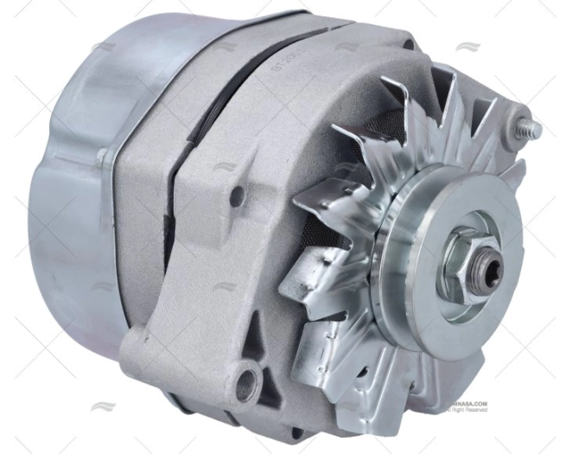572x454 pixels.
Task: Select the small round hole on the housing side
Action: coord(236,195)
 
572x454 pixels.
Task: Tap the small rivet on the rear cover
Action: coord(103,155)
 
